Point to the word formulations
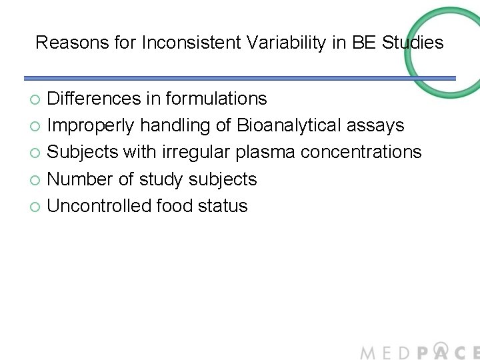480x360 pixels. pos(216,99)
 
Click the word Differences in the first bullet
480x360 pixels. pos(93,99)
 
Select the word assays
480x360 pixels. pos(379,126)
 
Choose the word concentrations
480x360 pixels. pos(361,152)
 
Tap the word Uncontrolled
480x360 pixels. pos(99,205)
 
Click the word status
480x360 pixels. pos(223,205)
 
